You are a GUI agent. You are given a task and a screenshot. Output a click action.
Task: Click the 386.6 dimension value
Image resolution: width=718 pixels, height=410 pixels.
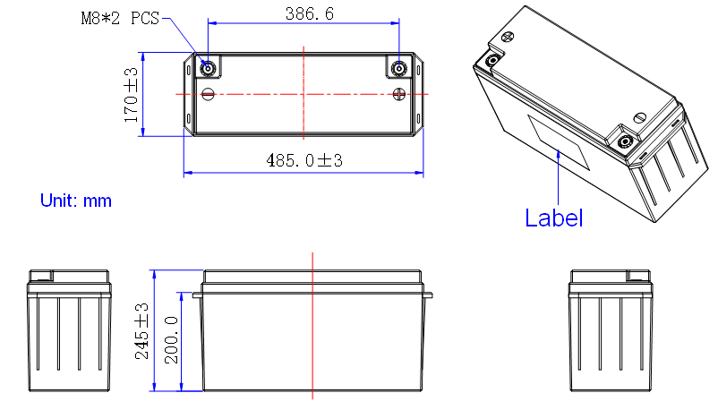(x=310, y=13)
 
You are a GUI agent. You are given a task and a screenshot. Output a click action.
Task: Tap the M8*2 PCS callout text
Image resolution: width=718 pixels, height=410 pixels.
(x=120, y=18)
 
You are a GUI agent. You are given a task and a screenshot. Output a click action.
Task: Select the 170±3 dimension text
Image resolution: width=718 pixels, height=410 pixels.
(x=131, y=95)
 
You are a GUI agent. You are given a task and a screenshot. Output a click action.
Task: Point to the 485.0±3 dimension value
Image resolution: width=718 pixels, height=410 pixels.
(x=304, y=160)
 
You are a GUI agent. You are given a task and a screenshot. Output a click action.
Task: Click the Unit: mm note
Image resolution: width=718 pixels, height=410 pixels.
(x=76, y=201)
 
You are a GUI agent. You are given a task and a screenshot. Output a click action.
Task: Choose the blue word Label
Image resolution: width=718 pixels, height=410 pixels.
(x=553, y=218)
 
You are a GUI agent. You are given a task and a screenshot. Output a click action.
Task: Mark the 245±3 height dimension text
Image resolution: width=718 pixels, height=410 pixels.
(x=142, y=330)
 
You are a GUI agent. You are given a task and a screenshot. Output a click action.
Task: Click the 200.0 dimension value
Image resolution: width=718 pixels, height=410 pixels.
(x=171, y=340)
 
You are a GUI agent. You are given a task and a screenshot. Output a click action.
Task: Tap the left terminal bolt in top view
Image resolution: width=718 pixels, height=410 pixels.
(x=208, y=69)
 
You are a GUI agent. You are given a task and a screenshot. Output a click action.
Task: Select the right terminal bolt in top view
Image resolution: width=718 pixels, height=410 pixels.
(x=398, y=69)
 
